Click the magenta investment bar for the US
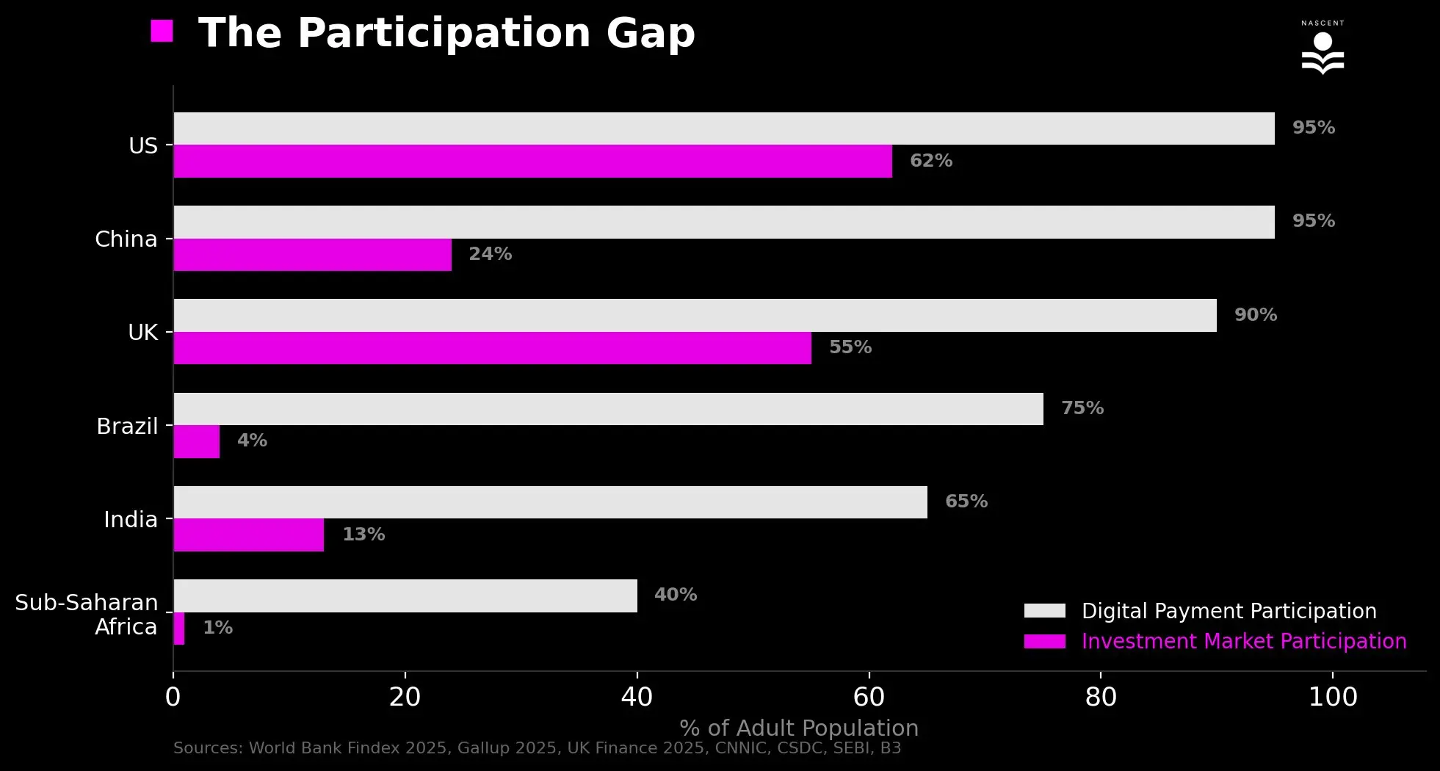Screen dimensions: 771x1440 532,161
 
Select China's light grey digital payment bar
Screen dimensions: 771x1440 723,222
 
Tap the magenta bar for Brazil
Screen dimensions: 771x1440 197,441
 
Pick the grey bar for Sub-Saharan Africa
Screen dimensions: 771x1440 405,596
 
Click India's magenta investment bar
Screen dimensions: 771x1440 248,535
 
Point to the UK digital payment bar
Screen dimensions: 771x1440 695,315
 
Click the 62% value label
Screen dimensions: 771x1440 930,161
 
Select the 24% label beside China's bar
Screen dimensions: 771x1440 490,254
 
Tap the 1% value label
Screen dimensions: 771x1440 217,628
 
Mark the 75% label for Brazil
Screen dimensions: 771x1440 1082,408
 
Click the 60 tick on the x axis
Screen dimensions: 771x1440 869,697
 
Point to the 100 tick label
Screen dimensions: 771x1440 1332,697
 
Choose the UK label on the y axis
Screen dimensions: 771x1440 143,333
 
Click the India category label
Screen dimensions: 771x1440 131,520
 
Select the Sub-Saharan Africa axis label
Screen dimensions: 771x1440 87,615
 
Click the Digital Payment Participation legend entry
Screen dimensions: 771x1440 1228,611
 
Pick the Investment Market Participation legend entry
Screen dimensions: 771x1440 1243,641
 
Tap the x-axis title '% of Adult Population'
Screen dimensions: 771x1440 798,728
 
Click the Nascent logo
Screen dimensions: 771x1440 1323,50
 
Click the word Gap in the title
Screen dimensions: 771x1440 650,34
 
